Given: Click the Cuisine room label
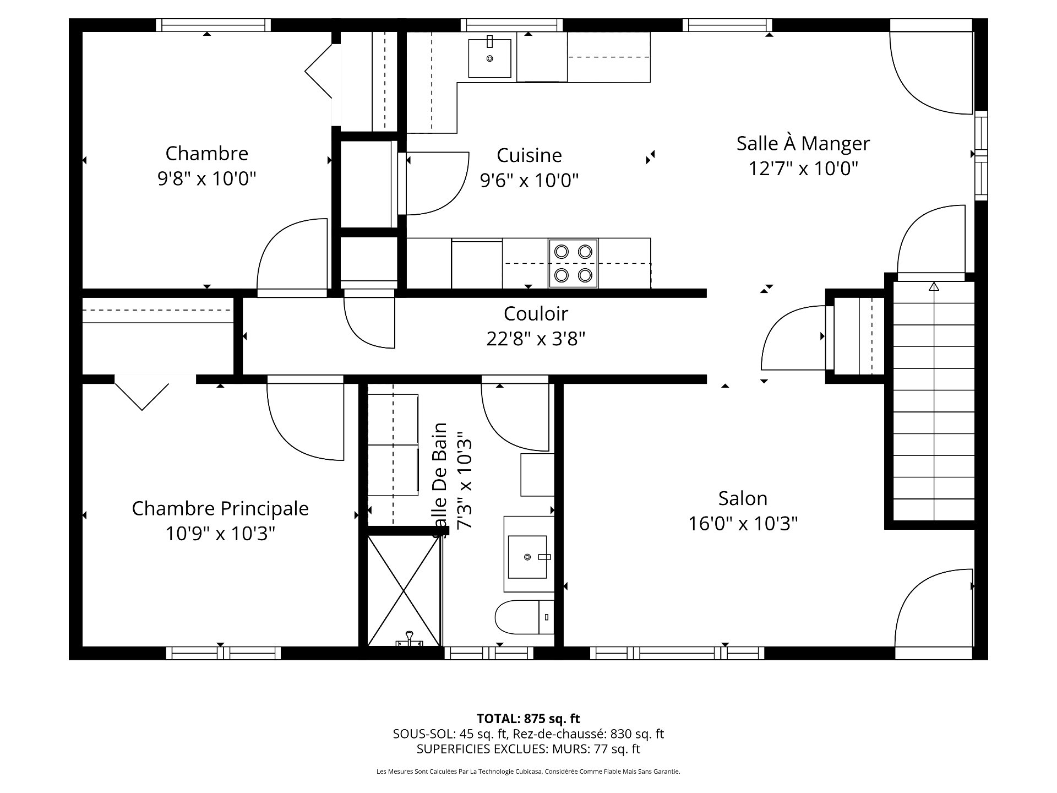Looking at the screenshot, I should (x=529, y=155).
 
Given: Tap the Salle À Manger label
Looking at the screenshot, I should (x=803, y=144).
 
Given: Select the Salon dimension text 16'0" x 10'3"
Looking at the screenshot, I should (x=743, y=523).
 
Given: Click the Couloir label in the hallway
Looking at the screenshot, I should (x=535, y=314).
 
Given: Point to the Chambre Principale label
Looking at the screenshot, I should (x=220, y=508).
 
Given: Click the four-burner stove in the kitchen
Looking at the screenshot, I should (x=573, y=263).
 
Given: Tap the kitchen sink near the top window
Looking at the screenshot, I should (x=490, y=58).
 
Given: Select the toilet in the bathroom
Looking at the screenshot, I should (x=523, y=617).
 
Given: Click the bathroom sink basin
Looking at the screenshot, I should (x=528, y=557).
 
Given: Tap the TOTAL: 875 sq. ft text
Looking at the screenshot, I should (x=528, y=719).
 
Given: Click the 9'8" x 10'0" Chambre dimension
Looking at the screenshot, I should (x=206, y=178).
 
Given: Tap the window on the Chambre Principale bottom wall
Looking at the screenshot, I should (x=223, y=653).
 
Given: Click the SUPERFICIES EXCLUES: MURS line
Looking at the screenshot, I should (x=528, y=749).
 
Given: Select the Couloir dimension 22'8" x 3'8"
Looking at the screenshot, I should (x=535, y=339).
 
